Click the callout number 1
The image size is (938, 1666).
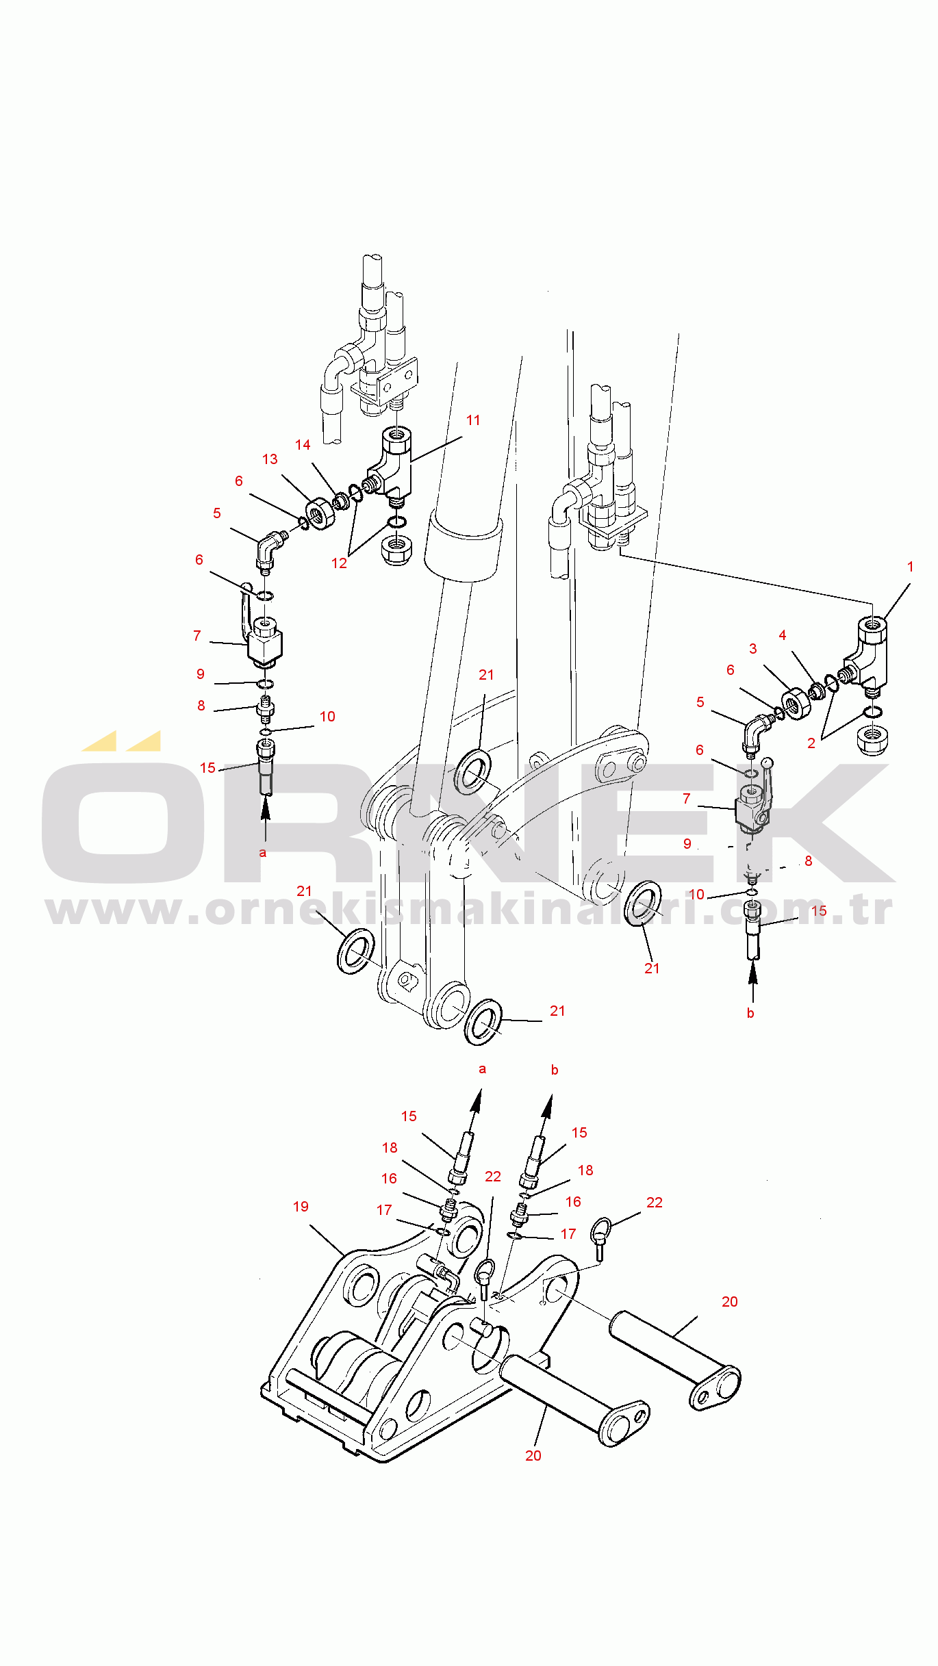point(910,567)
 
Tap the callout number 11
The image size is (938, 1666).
point(473,420)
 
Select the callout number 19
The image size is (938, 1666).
point(301,1207)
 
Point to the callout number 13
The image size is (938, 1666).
point(270,459)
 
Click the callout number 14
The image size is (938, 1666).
point(303,445)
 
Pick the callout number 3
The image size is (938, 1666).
point(752,649)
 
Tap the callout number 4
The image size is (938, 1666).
point(782,635)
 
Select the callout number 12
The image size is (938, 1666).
point(339,563)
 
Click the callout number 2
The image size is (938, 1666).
point(811,743)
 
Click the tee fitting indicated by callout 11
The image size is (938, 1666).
point(392,465)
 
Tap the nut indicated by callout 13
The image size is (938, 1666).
point(320,513)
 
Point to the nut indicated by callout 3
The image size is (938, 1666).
point(796,704)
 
